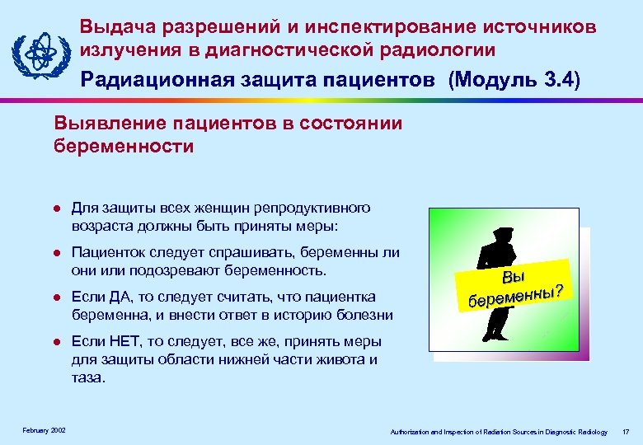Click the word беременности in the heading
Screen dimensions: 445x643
pos(124,147)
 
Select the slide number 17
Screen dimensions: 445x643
pos(627,432)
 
